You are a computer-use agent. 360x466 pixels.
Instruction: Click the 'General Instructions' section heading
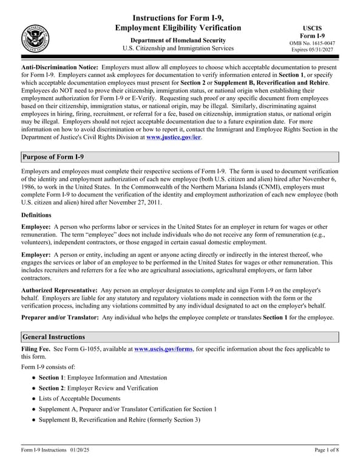pyautogui.click(x=53, y=337)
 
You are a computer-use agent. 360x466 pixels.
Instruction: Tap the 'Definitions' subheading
pyautogui.click(x=36, y=215)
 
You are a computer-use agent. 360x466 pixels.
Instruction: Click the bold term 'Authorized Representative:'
pyautogui.click(x=59, y=291)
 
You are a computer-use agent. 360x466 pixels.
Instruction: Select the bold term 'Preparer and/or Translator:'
pyautogui.click(x=60, y=317)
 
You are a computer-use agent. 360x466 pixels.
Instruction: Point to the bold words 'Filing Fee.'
pyautogui.click(x=36, y=349)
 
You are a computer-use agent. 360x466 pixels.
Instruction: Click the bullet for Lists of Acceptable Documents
pyautogui.click(x=33, y=399)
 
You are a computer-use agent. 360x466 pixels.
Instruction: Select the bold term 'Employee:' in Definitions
pyautogui.click(x=36, y=226)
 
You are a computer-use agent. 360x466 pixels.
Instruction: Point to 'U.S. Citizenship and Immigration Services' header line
pyautogui.click(x=177, y=48)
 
